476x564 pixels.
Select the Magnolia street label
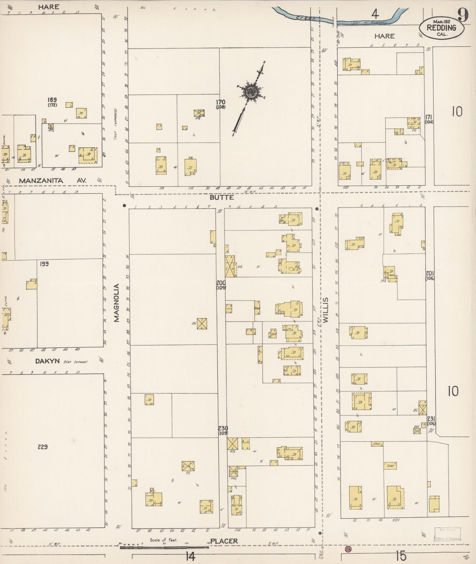pos(117,302)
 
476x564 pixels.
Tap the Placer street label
pos(224,541)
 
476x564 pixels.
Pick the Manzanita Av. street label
pos(52,181)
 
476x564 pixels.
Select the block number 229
pos(42,447)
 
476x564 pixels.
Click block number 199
pos(44,264)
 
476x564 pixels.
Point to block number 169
pos(52,99)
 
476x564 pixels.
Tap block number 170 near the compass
pos(220,102)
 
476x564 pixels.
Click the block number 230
pos(223,428)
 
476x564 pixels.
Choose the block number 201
pos(430,273)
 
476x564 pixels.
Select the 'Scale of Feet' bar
pos(164,547)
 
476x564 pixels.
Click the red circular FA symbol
pos(348,549)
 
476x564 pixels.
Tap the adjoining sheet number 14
pos(190,556)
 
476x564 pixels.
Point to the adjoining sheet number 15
pos(401,556)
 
